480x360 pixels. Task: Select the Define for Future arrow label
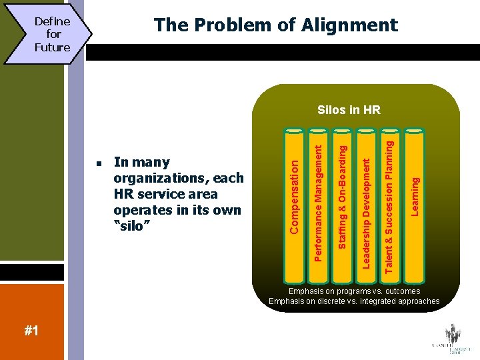53,34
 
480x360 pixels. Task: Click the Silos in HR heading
349,109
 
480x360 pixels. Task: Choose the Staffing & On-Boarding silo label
342,192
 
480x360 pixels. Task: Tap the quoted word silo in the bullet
133,225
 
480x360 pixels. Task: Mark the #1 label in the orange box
31,331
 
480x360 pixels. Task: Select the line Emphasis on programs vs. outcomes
354,291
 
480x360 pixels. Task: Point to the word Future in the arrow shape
53,47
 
